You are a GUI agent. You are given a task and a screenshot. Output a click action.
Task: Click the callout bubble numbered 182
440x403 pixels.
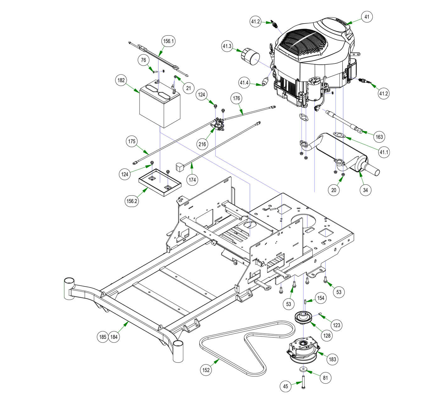point(121,80)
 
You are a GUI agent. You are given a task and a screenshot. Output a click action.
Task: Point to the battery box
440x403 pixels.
point(160,105)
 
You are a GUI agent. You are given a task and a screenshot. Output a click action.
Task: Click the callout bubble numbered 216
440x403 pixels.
point(202,144)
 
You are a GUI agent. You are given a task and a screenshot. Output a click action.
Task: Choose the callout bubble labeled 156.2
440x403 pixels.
point(131,201)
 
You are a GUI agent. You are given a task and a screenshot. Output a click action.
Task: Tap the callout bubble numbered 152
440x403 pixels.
point(206,370)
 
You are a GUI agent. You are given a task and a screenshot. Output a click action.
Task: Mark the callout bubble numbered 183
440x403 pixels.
point(332,359)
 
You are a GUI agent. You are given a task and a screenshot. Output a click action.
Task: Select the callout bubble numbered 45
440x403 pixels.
point(285,386)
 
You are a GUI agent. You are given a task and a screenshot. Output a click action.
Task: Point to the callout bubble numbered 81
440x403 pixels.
point(325,378)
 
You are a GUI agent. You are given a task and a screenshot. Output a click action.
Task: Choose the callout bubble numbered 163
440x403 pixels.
point(379,137)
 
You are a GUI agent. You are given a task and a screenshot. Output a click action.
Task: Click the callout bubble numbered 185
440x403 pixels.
point(102,337)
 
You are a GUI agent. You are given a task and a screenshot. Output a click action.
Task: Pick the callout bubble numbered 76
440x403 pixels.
point(144,60)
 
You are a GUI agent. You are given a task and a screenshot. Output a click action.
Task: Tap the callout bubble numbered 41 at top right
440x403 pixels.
point(366,17)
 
